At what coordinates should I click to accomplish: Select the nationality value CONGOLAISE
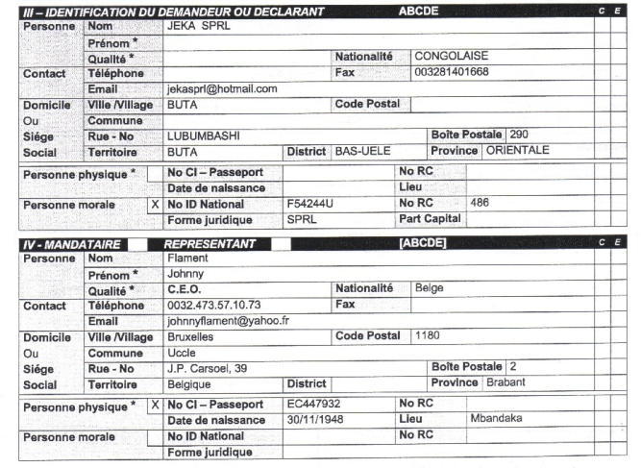coord(451,57)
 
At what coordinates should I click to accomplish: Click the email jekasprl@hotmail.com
coord(222,88)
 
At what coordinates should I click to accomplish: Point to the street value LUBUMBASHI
coord(203,135)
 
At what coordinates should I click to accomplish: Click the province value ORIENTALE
coord(517,151)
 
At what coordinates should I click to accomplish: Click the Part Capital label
coord(429,218)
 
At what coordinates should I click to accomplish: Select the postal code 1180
coord(429,336)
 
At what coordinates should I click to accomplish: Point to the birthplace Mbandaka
coord(496,420)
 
